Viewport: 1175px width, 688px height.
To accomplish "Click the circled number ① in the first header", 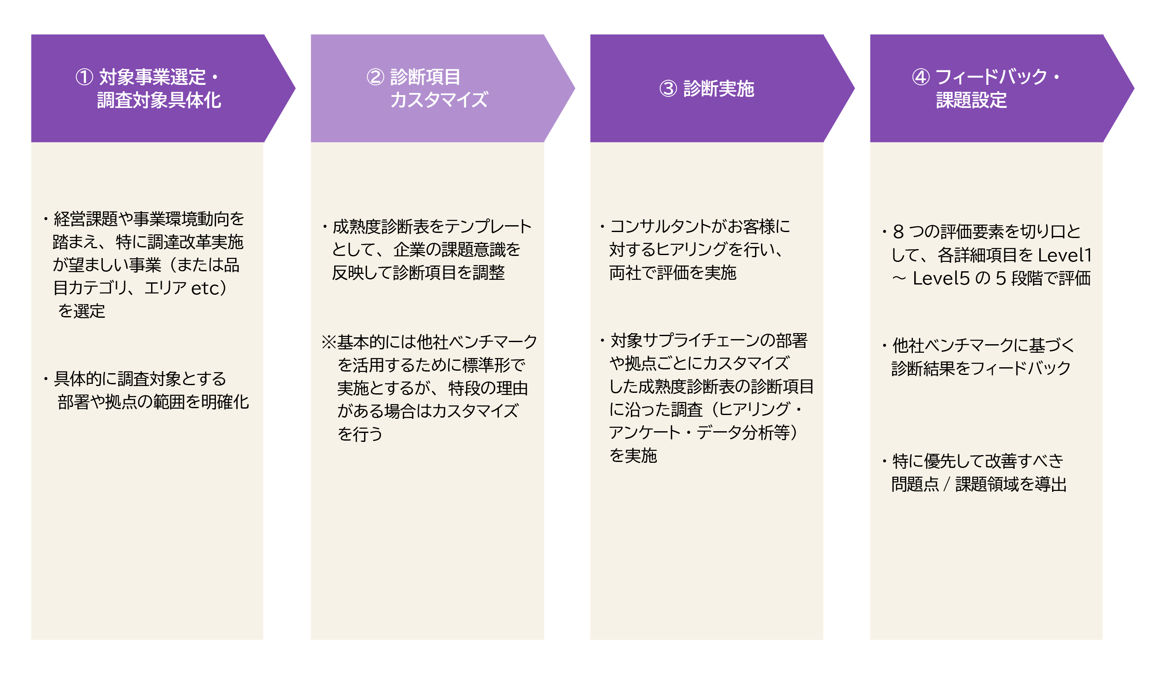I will [x=85, y=77].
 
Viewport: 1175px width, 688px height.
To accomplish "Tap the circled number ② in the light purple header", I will [x=375, y=77].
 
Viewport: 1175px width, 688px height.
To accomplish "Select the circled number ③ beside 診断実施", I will [x=668, y=89].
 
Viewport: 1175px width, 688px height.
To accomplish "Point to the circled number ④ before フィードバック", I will [x=921, y=77].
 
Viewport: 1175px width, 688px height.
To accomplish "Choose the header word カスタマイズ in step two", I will [x=439, y=100].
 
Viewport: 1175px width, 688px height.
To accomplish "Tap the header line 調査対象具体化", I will [x=159, y=100].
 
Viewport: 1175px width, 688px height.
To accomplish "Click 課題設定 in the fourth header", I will [x=971, y=100].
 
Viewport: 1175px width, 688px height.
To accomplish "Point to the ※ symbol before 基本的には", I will [x=329, y=342].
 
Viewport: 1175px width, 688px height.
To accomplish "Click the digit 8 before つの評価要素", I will [x=898, y=232].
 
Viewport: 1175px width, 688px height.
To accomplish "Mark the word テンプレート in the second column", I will [x=488, y=227].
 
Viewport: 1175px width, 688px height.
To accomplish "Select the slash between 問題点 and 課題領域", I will [x=947, y=485].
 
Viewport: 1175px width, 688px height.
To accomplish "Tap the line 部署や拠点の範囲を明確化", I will [x=153, y=402].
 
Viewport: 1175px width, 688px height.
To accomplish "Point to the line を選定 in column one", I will [x=82, y=311].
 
